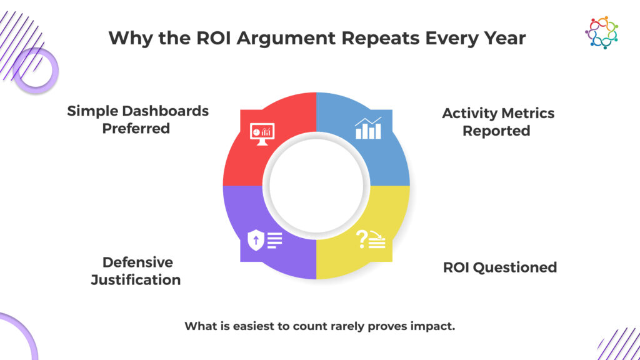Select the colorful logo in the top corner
pyautogui.click(x=602, y=32)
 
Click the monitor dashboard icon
pyautogui.click(x=262, y=134)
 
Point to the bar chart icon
pyautogui.click(x=368, y=128)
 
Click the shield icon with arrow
pyautogui.click(x=256, y=240)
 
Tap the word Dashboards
pyautogui.click(x=166, y=111)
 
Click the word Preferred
pyautogui.click(x=136, y=129)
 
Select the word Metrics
pyautogui.click(x=530, y=114)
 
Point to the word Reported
pyautogui.click(x=496, y=131)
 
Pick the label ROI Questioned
pyautogui.click(x=500, y=267)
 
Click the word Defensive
pyautogui.click(x=137, y=262)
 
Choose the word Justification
pyautogui.click(x=136, y=280)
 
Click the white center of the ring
pyautogui.click(x=316, y=186)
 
